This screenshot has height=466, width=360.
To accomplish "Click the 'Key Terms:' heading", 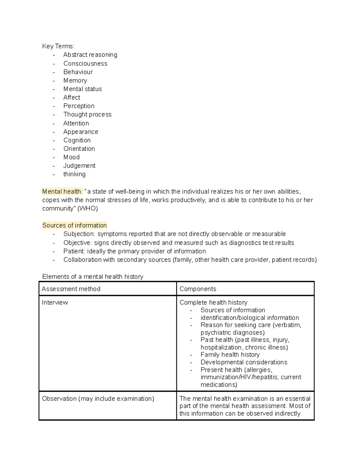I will pyautogui.click(x=58, y=46).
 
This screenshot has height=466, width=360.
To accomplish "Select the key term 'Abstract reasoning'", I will pyautogui.click(x=90, y=55).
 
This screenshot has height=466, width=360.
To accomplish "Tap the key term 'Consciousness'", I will pyautogui.click(x=85, y=63).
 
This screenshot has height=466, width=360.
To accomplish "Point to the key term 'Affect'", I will pyautogui.click(x=72, y=98).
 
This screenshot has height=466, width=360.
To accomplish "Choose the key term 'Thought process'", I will pyautogui.click(x=87, y=114).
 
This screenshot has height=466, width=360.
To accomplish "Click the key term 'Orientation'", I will pyautogui.click(x=79, y=149).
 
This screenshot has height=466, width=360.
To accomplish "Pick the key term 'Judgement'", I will pyautogui.click(x=79, y=166).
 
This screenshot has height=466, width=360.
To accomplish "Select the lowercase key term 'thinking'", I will pyautogui.click(x=74, y=174).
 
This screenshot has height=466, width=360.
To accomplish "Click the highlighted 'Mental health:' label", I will pyautogui.click(x=62, y=191).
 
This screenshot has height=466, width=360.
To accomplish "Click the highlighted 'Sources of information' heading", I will pyautogui.click(x=74, y=225).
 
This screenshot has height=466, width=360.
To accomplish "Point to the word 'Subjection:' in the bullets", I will pyautogui.click(x=79, y=234).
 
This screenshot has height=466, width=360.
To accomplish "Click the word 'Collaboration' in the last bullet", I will pyautogui.click(x=82, y=260).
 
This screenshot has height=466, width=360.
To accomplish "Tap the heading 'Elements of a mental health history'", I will pyautogui.click(x=93, y=277).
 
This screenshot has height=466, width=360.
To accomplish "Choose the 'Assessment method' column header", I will pyautogui.click(x=71, y=289).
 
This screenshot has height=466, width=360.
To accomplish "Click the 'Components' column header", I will pyautogui.click(x=198, y=289).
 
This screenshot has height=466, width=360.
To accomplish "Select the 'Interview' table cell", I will pyautogui.click(x=55, y=302).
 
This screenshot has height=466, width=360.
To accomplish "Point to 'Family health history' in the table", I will pyautogui.click(x=230, y=355).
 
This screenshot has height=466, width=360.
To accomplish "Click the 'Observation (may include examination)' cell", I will pyautogui.click(x=98, y=399).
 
